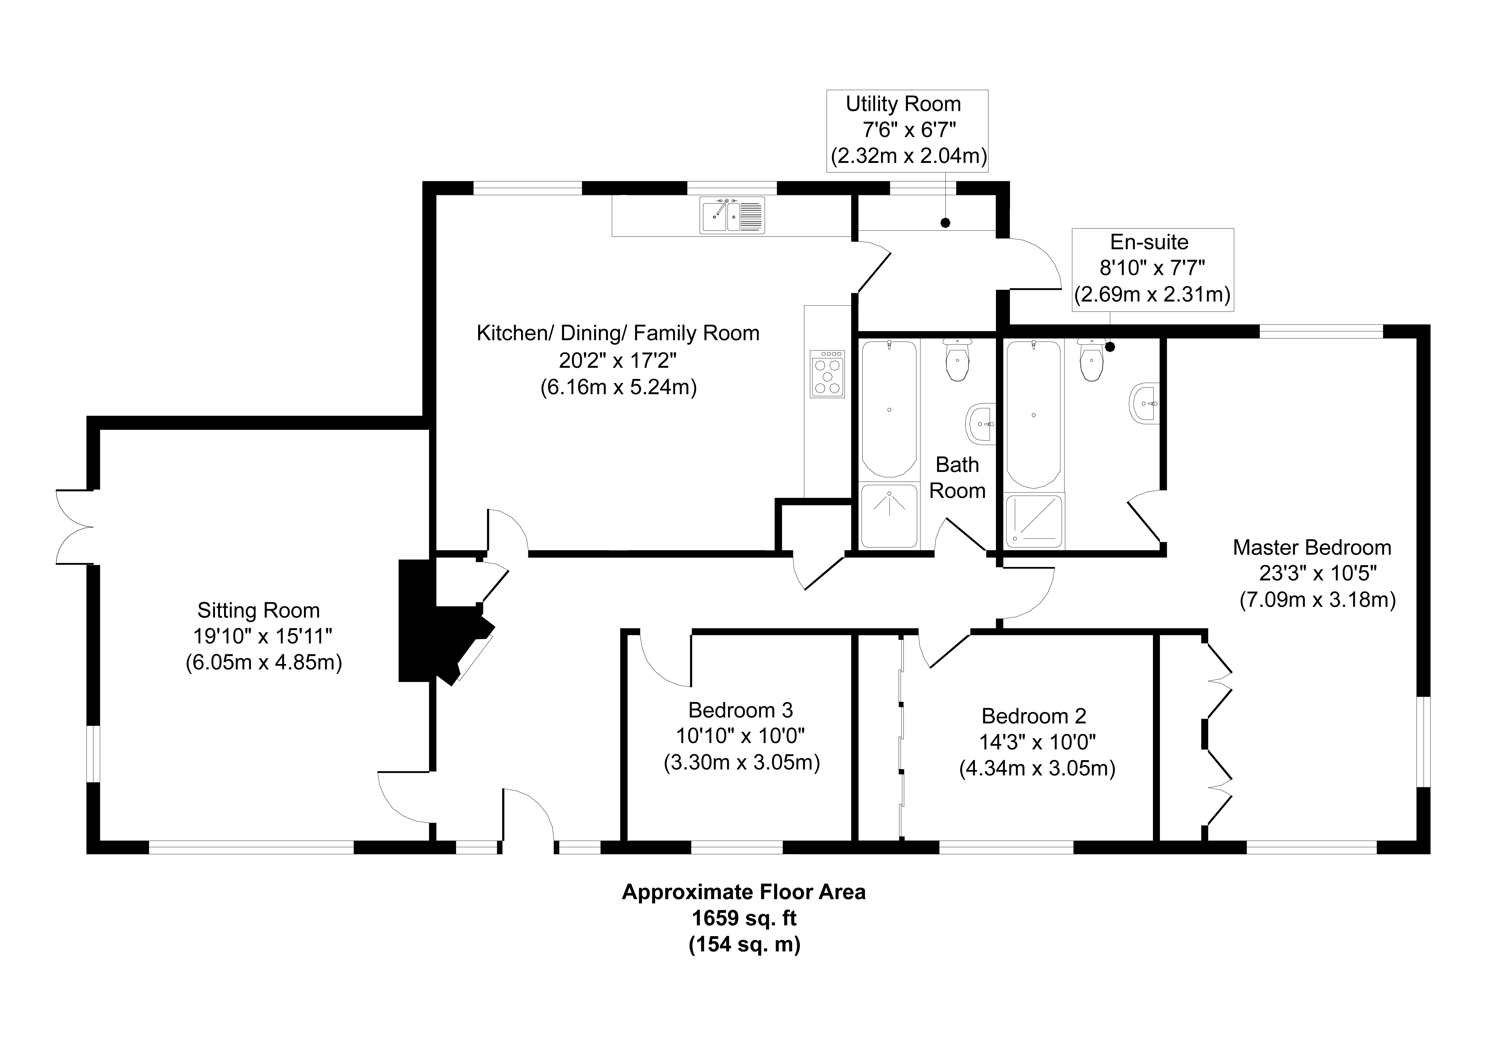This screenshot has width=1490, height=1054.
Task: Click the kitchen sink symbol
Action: coord(732,215)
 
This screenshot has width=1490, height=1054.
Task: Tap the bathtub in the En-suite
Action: coord(1033,414)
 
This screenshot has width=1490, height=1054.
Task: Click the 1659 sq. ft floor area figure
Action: coord(744,918)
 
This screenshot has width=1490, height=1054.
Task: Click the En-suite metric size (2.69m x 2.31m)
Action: coord(1152,295)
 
